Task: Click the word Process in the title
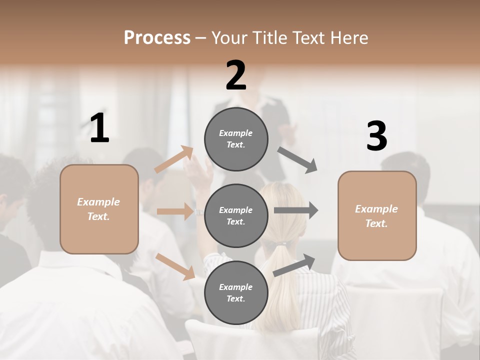point(157,37)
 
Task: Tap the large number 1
point(99,128)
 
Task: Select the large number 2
point(236,75)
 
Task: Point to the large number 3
point(376,136)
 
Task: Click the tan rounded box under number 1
point(99,209)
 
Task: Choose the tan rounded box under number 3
point(377,216)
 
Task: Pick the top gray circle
point(236,139)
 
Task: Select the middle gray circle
point(236,215)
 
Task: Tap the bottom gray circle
point(236,292)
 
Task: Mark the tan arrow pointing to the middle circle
point(175,211)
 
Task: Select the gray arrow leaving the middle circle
point(296,210)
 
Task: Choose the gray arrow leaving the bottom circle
point(294,265)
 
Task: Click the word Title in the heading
point(270,37)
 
